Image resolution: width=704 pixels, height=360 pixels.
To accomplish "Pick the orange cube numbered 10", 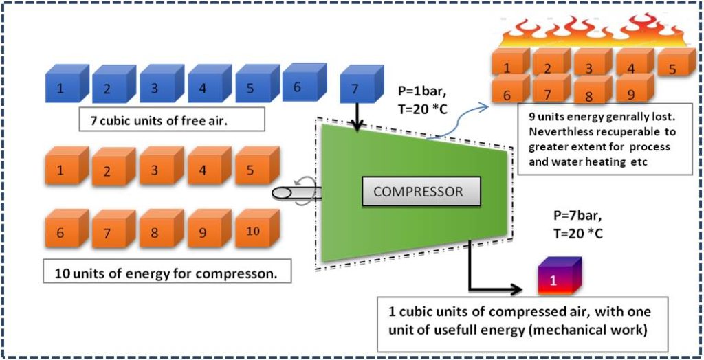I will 253,231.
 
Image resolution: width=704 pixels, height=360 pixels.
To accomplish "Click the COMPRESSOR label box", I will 418,192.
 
